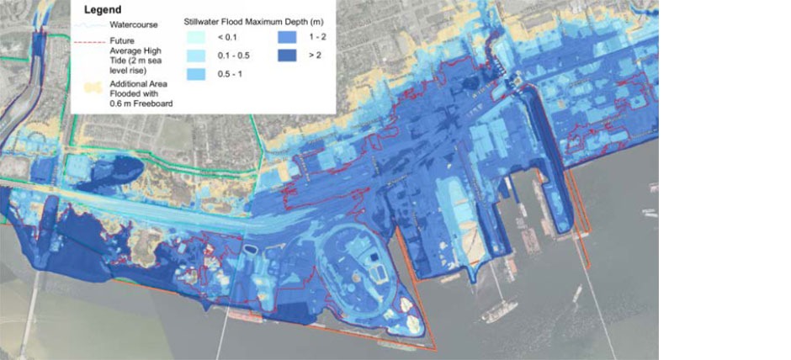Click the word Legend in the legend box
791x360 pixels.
[104, 10]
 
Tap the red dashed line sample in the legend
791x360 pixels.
[87, 40]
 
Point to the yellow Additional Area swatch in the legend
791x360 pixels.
[87, 87]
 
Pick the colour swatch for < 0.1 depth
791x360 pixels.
[194, 38]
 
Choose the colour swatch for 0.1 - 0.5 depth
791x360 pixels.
[194, 56]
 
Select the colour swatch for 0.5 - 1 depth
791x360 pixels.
[194, 75]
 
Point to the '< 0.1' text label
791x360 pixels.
[223, 38]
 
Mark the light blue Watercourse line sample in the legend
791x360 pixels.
[87, 25]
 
